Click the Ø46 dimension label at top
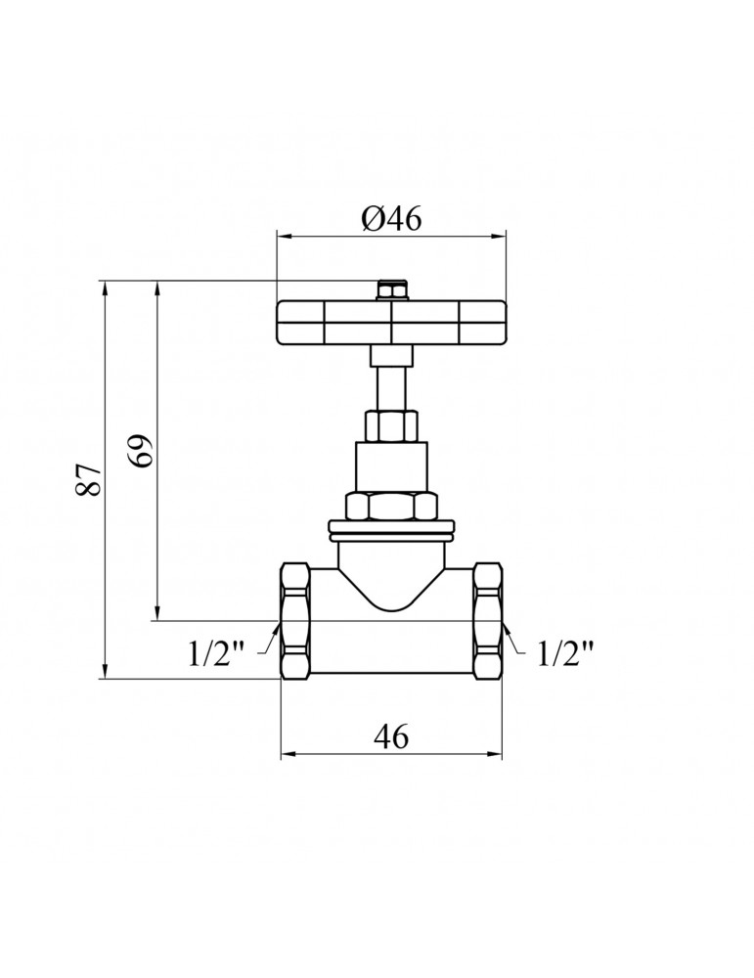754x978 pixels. [391, 219]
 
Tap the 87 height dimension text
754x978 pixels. [89, 479]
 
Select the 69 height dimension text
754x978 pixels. [140, 450]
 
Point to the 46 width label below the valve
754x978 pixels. [391, 736]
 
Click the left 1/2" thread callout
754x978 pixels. [216, 654]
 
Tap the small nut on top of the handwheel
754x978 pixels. [391, 290]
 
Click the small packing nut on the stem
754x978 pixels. [391, 426]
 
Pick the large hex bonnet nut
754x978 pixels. [391, 506]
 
